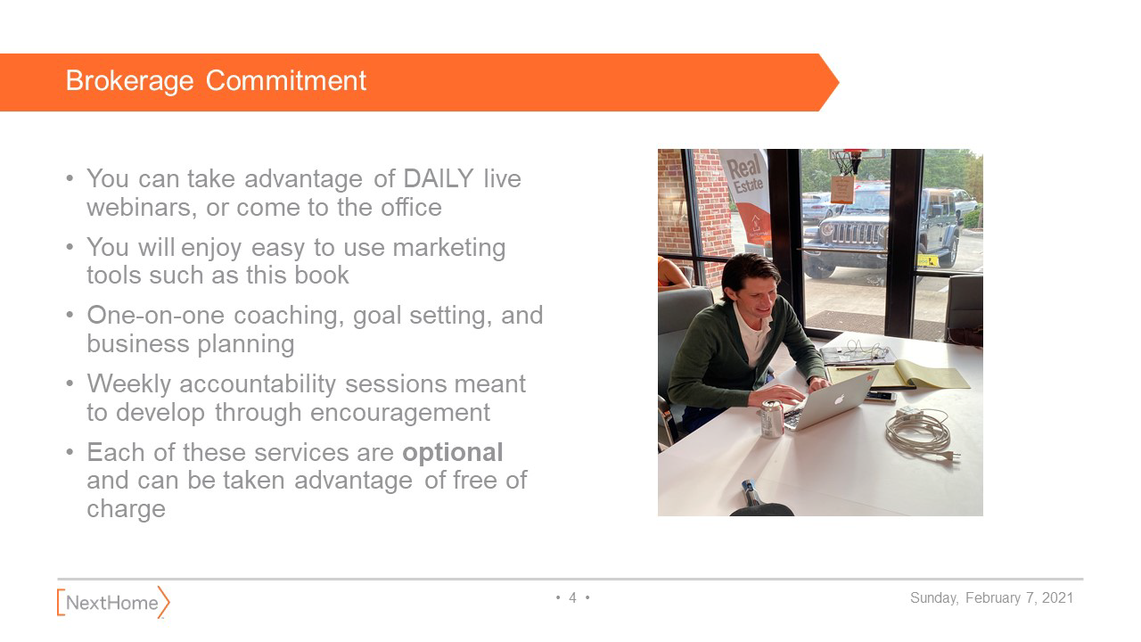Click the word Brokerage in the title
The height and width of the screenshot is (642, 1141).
tap(129, 81)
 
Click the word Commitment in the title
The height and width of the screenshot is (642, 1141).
tap(286, 80)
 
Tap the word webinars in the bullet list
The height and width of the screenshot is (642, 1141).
tap(142, 208)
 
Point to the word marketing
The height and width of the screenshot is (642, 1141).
tap(448, 249)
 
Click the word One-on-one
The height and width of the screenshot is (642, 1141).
tap(155, 316)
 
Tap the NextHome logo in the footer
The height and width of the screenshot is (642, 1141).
tap(113, 602)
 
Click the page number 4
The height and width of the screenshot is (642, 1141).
tap(572, 597)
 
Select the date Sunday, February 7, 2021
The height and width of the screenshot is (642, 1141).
tap(991, 598)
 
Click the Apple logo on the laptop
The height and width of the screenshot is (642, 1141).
tap(839, 399)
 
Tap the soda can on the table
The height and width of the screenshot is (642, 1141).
tap(772, 419)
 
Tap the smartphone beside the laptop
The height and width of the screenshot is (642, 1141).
tap(880, 396)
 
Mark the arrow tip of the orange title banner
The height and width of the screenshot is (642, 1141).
tap(839, 83)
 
